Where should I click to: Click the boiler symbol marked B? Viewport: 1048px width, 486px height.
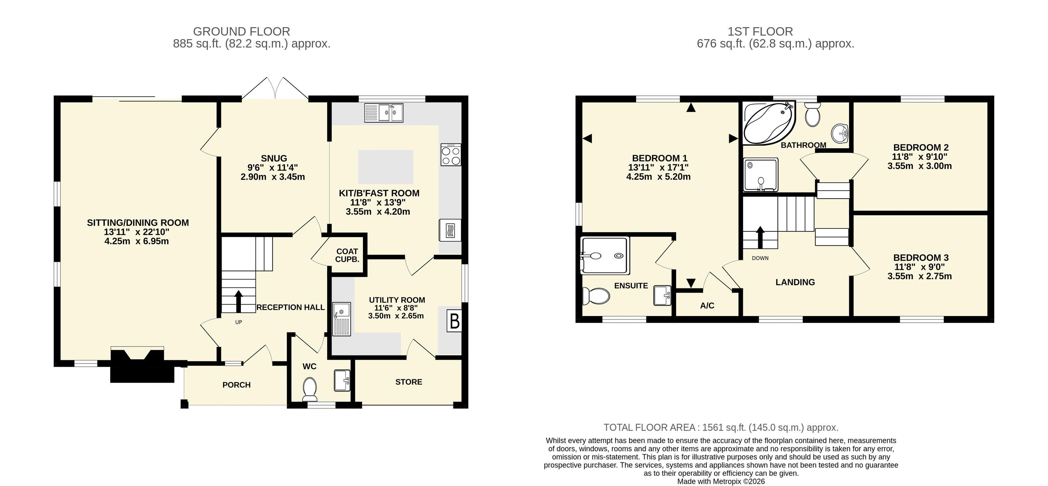tap(455, 321)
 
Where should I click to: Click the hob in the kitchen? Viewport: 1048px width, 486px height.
tap(451, 155)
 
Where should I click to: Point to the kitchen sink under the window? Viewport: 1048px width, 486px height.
tap(384, 113)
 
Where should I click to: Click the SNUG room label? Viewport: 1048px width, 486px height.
tap(274, 158)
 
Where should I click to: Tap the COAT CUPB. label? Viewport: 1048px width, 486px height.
tap(347, 255)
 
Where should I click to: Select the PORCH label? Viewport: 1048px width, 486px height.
tap(236, 385)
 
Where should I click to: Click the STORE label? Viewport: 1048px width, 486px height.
tap(409, 382)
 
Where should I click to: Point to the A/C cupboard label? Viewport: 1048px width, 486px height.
tap(707, 306)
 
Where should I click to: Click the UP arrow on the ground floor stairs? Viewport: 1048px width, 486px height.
tap(238, 301)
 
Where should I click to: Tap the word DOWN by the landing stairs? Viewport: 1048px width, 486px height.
tap(760, 258)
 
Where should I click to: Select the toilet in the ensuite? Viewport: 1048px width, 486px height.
tap(596, 296)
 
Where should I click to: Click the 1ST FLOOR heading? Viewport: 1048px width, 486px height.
tap(760, 31)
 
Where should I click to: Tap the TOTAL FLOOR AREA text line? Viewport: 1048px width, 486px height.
tap(720, 427)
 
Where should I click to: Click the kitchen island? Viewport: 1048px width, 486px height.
tap(386, 167)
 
